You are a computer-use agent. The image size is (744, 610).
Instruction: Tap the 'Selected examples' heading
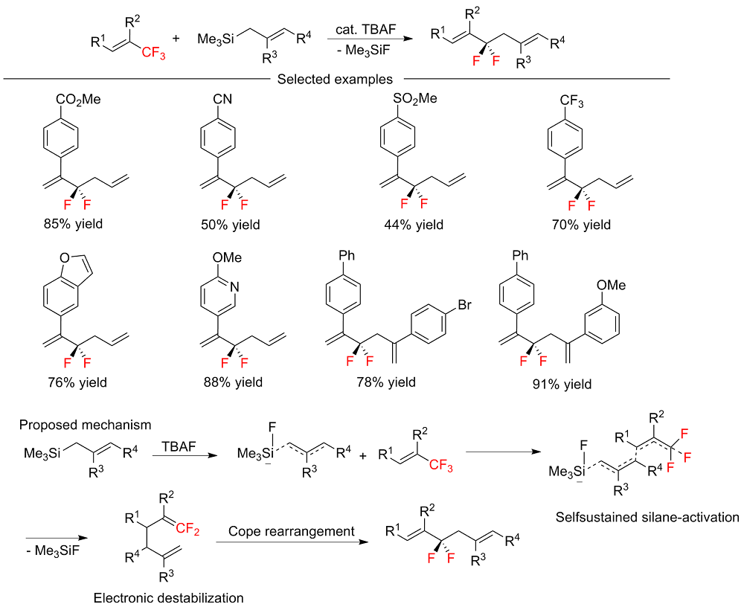335,79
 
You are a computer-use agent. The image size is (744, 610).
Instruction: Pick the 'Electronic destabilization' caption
168,597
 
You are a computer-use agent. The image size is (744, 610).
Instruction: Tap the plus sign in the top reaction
176,36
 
